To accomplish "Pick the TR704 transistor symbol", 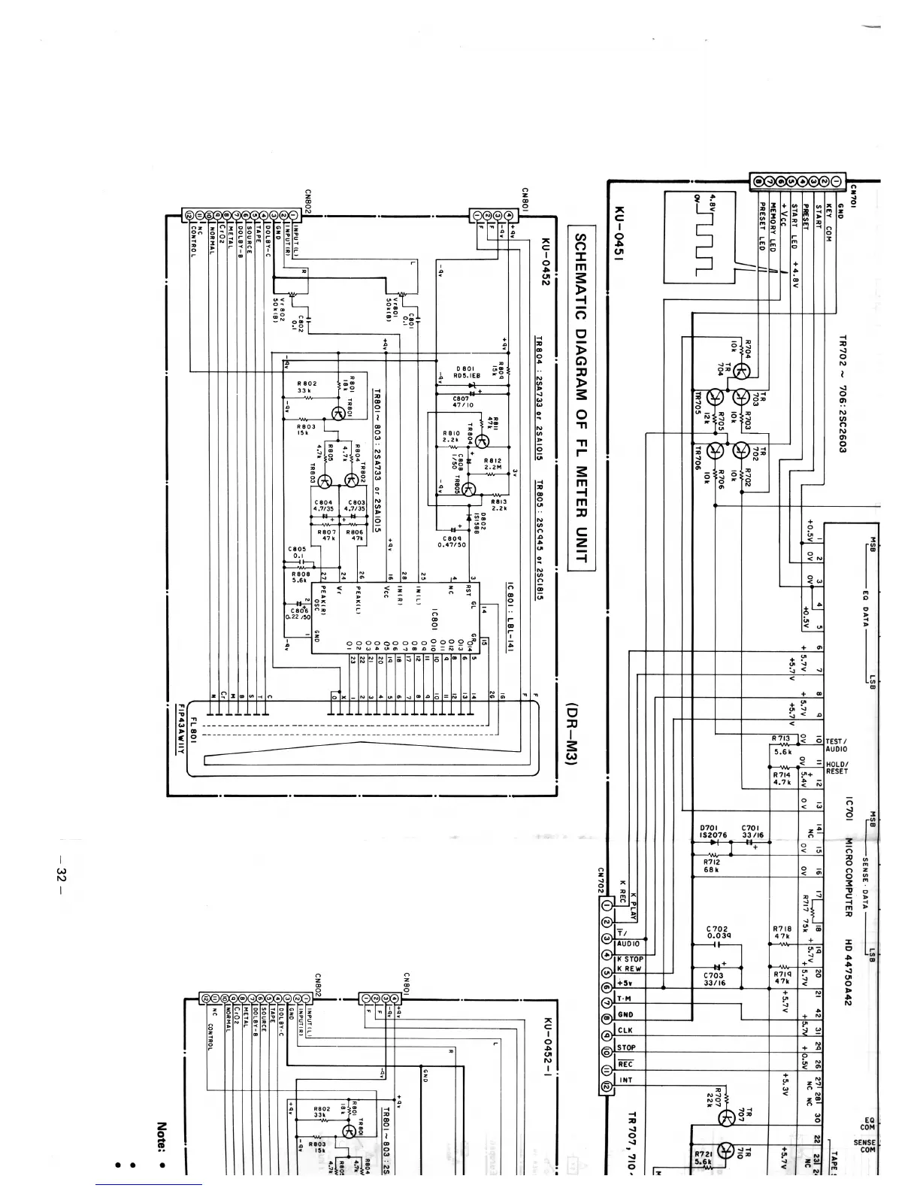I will pos(741,371).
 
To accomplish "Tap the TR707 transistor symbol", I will pos(726,1118).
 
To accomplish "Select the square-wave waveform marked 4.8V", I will pos(698,236).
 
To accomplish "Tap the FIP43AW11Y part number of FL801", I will pos(181,732).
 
